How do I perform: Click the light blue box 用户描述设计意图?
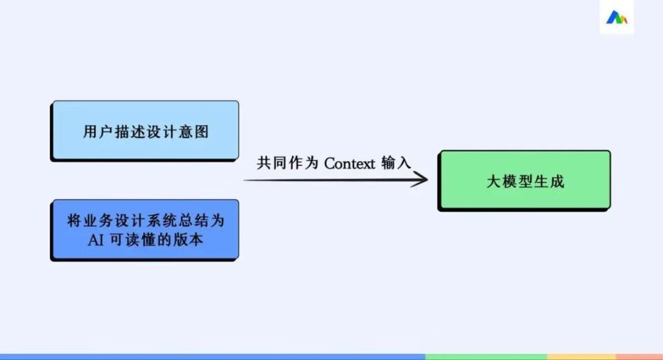click(x=144, y=131)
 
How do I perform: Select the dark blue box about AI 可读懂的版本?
click(x=144, y=230)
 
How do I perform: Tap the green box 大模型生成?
click(x=524, y=180)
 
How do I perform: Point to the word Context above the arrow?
click(x=349, y=163)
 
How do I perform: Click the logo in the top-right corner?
click(x=617, y=17)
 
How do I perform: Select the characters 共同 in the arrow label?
click(x=271, y=163)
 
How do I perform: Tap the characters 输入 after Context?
click(x=396, y=163)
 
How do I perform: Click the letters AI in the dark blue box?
click(x=95, y=240)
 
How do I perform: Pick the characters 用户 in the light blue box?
click(x=97, y=131)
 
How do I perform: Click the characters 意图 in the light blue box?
click(x=193, y=131)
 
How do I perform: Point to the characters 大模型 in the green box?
click(x=509, y=182)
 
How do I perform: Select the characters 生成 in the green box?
click(x=549, y=182)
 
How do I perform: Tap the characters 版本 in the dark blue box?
click(x=188, y=240)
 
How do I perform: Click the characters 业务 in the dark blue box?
click(x=97, y=220)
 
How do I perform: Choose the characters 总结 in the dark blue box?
click(x=193, y=220)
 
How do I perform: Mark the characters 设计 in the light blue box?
click(x=161, y=131)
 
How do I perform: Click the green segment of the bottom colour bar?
click(x=486, y=357)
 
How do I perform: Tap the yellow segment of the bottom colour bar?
click(x=582, y=357)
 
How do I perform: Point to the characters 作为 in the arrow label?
click(x=303, y=163)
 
